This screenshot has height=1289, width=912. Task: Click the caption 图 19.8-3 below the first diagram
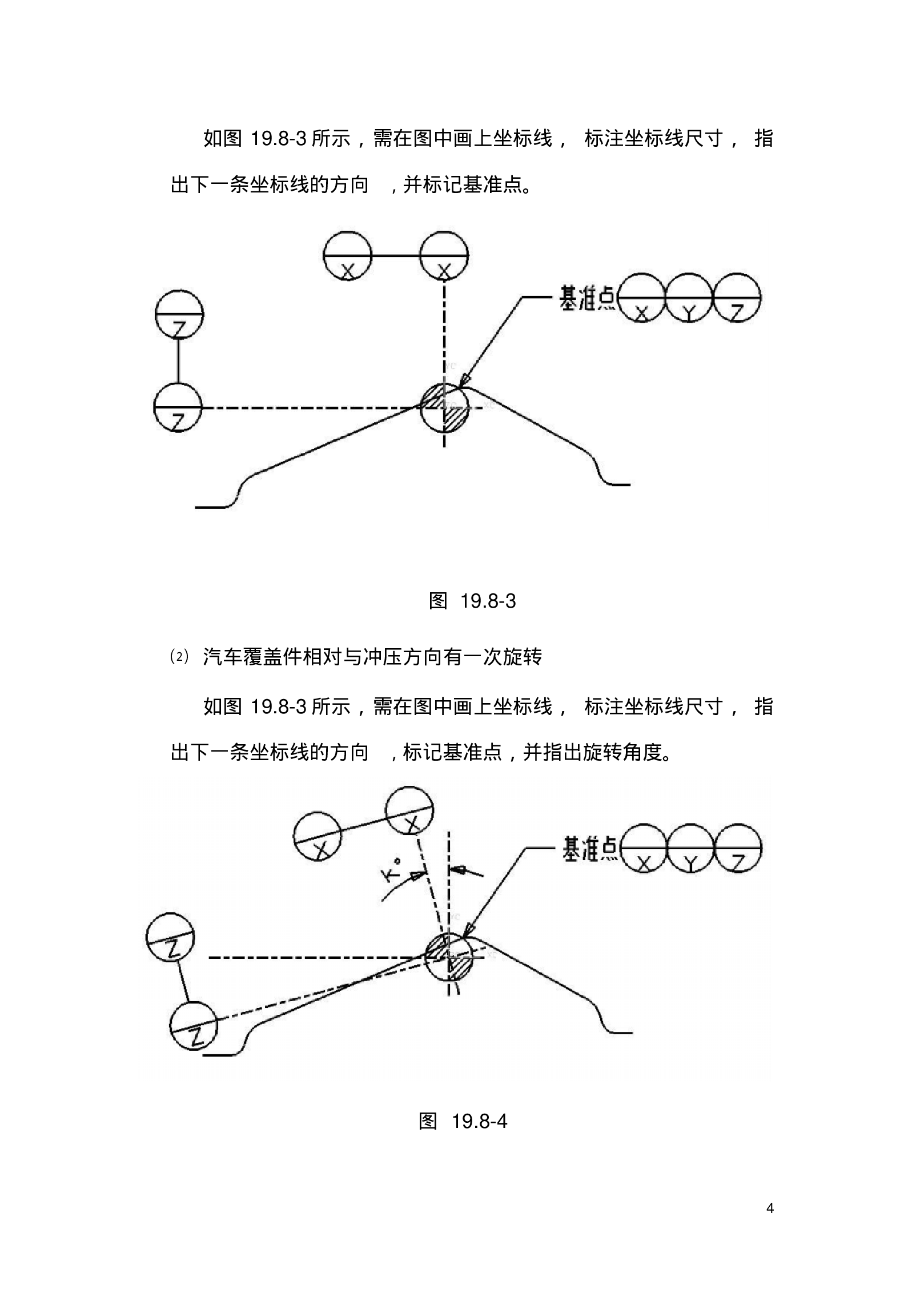[x=472, y=601]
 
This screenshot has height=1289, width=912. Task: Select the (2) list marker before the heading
[x=179, y=657]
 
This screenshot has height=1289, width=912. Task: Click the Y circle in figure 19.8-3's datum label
[x=689, y=298]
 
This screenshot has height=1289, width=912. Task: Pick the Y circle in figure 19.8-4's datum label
[x=690, y=848]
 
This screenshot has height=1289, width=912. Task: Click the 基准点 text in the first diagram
[x=587, y=298]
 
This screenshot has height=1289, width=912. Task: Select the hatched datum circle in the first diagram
[x=444, y=407]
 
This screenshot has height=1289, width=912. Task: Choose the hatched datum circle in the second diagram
[x=449, y=957]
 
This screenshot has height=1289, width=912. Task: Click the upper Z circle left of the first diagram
[x=179, y=314]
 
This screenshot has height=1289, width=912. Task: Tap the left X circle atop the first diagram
[x=347, y=255]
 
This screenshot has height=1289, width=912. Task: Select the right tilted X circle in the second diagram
[x=409, y=810]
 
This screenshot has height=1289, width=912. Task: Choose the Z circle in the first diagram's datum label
[x=737, y=298]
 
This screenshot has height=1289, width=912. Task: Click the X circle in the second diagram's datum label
[x=643, y=848]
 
